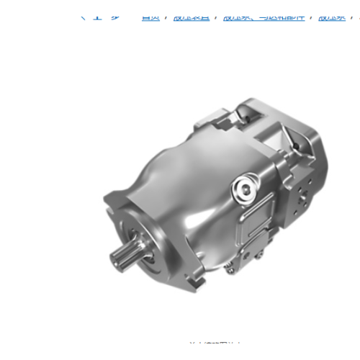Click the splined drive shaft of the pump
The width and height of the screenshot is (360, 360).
tap(126, 253)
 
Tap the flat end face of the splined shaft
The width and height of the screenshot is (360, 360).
tap(117, 257)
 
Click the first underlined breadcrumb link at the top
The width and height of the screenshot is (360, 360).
tap(150, 16)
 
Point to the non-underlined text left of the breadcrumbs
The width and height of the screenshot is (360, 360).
tap(102, 16)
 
